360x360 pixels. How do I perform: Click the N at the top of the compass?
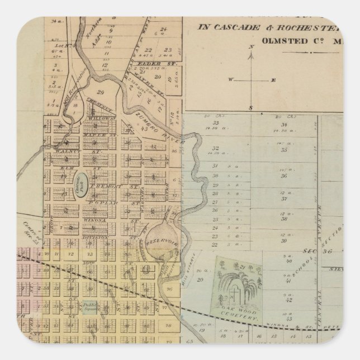point(253,46)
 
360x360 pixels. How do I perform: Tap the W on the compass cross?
point(229,80)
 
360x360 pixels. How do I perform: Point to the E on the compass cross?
point(274,80)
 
